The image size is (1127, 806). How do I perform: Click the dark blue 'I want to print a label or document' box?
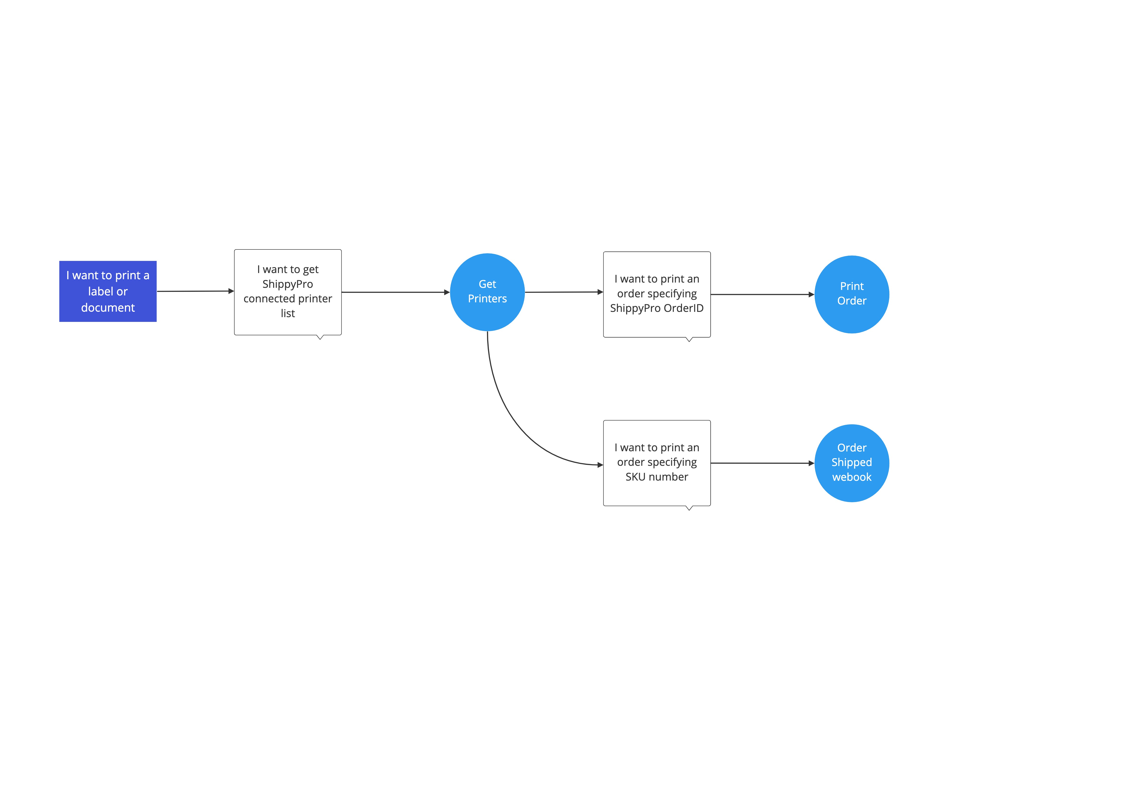click(108, 291)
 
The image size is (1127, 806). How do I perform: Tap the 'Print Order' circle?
click(851, 294)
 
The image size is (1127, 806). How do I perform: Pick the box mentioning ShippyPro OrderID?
click(656, 294)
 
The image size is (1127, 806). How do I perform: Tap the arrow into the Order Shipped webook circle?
click(762, 463)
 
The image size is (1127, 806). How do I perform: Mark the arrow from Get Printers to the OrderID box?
click(563, 292)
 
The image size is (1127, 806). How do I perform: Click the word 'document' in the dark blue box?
click(108, 308)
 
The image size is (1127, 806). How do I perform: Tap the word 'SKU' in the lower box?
click(635, 477)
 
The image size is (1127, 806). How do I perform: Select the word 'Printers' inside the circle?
click(487, 299)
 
